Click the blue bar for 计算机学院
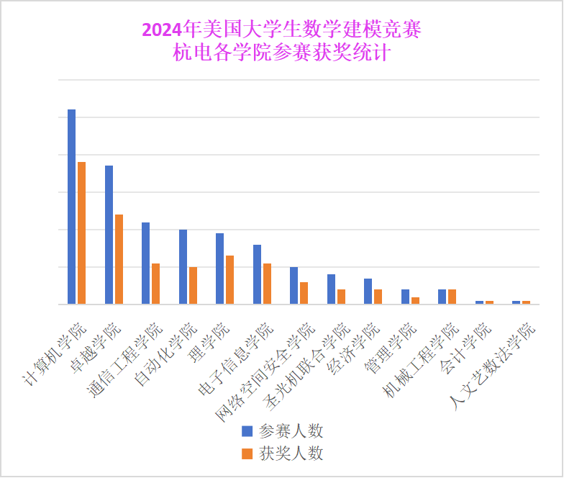(x=71, y=207)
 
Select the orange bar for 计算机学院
(x=81, y=233)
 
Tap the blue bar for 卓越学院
(x=109, y=235)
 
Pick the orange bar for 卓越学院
(x=119, y=259)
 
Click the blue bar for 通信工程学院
(x=145, y=263)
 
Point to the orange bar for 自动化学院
(x=193, y=286)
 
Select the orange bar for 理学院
(x=229, y=280)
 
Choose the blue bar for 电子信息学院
(x=257, y=274)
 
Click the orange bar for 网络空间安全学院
(x=304, y=293)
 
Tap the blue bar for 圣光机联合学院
(x=331, y=289)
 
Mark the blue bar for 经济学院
(x=368, y=292)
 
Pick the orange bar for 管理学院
(x=415, y=300)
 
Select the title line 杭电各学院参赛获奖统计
(x=281, y=53)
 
